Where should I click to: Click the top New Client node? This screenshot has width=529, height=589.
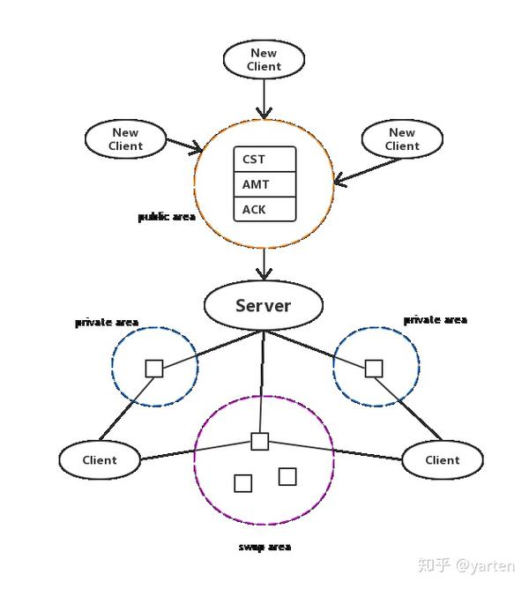(x=264, y=59)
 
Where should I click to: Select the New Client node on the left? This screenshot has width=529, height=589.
(x=125, y=139)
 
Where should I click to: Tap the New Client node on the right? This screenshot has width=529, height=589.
(x=402, y=139)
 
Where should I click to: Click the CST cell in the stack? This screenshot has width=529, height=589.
(x=264, y=160)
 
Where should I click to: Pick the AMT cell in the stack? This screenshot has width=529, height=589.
(x=264, y=185)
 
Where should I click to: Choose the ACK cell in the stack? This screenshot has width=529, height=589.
(x=264, y=210)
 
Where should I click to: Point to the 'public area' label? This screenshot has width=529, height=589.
(x=167, y=216)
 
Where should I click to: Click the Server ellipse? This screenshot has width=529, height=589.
(x=263, y=306)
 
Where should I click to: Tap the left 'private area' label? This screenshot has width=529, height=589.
(x=107, y=323)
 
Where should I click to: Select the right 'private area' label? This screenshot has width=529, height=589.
(x=435, y=319)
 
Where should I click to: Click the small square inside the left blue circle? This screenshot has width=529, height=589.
(x=154, y=369)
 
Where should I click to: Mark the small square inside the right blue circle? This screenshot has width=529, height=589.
(x=374, y=368)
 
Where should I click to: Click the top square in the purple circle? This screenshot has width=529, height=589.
(x=259, y=442)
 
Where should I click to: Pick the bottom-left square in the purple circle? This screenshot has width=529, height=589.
(x=243, y=483)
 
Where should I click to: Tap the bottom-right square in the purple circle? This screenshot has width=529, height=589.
(x=287, y=477)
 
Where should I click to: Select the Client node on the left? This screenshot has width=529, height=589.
(x=100, y=459)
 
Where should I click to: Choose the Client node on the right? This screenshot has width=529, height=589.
(x=443, y=459)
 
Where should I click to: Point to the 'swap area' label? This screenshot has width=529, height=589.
(x=264, y=547)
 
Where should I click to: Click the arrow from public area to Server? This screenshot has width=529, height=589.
(x=264, y=264)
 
